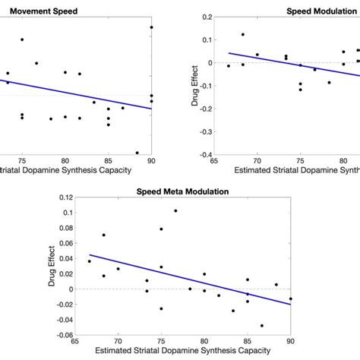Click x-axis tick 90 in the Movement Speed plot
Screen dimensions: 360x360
(151, 161)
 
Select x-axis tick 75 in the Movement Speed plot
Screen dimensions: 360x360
(22, 161)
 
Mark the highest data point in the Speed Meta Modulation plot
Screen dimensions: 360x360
(175, 211)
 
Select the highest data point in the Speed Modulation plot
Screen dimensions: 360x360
(242, 34)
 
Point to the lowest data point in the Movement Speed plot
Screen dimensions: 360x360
(137, 153)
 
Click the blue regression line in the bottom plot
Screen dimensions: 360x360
(182, 279)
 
